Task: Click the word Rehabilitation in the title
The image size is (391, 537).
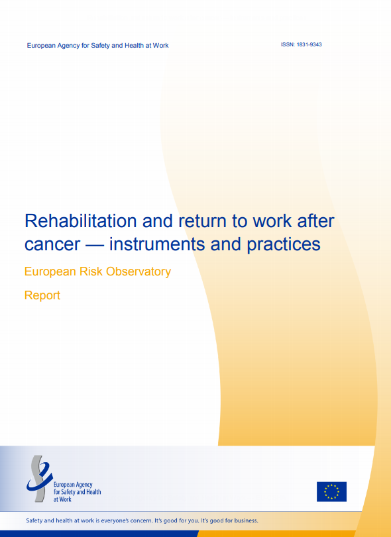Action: [81, 221]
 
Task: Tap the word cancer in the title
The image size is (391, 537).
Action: [52, 245]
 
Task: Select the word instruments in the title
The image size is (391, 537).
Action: [157, 244]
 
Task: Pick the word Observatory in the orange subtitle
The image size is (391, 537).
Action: [139, 271]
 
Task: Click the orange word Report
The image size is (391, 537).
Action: [42, 295]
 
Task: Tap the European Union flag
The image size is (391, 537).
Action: [331, 491]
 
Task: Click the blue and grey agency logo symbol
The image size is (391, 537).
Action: [39, 478]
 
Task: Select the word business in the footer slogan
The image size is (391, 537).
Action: [246, 520]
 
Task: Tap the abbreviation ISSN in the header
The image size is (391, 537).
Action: [288, 44]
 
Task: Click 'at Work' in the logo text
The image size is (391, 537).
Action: [62, 499]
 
